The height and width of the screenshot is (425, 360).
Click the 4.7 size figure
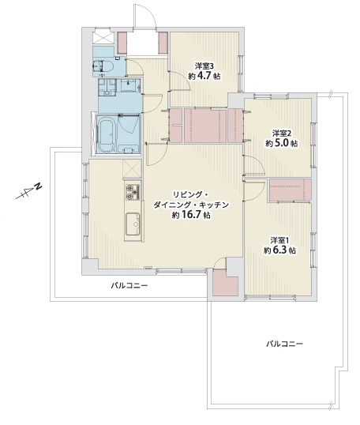tap(204, 76)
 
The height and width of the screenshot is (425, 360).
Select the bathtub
tap(106, 134)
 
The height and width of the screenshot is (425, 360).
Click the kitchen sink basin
tap(133, 224)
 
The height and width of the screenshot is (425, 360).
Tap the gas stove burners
tap(132, 191)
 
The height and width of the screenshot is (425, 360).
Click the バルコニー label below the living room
tap(129, 286)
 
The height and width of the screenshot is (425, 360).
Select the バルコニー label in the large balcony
tap(284, 344)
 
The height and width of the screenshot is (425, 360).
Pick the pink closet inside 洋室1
tap(290, 190)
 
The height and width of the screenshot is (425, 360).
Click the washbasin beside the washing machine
tap(129, 86)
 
